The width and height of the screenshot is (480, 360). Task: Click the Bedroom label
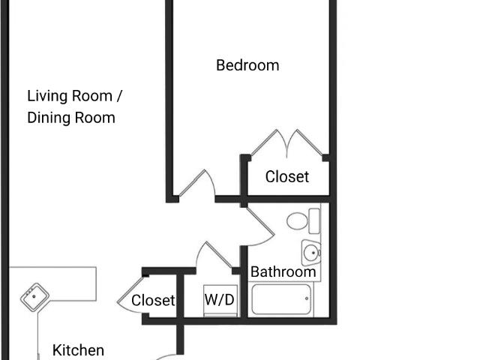[x=247, y=65]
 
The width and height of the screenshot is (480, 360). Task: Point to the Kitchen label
[x=78, y=350]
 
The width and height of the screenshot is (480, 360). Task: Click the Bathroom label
[x=283, y=271]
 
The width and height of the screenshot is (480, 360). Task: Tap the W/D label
[x=220, y=300]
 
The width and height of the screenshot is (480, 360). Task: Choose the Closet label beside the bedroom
[x=287, y=177]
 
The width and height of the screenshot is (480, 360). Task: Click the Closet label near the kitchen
[x=153, y=300]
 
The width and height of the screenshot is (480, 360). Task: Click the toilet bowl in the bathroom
[x=297, y=220]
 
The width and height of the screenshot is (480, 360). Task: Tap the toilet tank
[x=314, y=221]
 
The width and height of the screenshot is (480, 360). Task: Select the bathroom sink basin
[x=312, y=253]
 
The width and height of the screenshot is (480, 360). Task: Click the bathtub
[x=281, y=299]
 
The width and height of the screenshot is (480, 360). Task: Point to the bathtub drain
[x=307, y=298]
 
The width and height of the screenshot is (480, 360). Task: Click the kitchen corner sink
[x=34, y=297]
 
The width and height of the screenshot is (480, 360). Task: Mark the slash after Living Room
[x=118, y=96]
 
